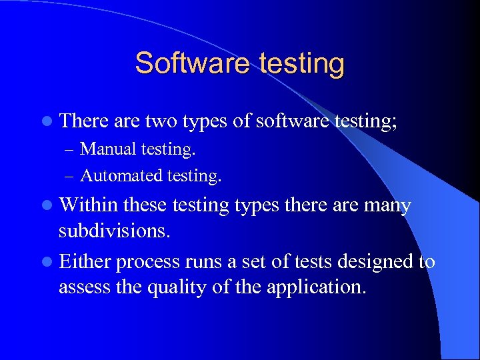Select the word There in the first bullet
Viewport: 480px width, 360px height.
[x=84, y=121]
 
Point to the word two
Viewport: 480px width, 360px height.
[x=161, y=121]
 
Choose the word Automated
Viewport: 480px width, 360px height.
[x=121, y=176]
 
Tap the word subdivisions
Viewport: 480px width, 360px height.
[x=113, y=231]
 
